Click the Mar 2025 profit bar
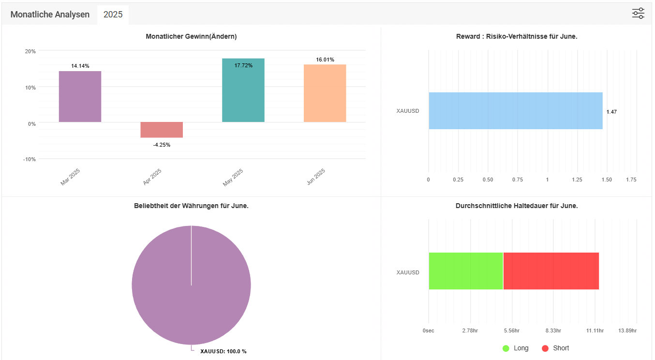(x=80, y=96)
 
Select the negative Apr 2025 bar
(x=162, y=130)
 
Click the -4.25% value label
(x=162, y=145)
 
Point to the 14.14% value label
(x=80, y=66)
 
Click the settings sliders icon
(x=638, y=14)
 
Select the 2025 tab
(x=113, y=15)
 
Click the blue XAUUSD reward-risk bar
(x=515, y=111)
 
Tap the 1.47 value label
(x=611, y=112)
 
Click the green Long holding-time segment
(x=466, y=271)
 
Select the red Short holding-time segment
(x=551, y=271)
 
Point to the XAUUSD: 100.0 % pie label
(x=223, y=351)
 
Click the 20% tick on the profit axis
(x=30, y=51)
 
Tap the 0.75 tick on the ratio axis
(x=518, y=180)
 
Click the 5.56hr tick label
(x=511, y=330)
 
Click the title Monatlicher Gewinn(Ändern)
(x=191, y=36)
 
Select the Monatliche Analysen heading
(x=50, y=15)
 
